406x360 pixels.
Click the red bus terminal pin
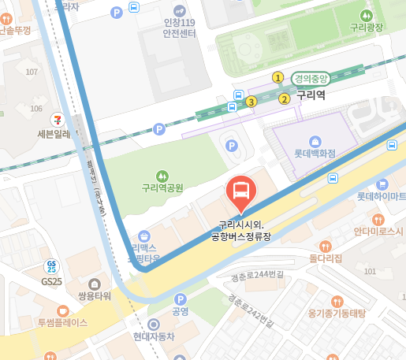[x=240, y=192]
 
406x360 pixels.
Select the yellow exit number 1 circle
[x=277, y=77]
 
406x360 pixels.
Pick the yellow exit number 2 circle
[x=284, y=98]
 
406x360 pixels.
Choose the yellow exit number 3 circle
[x=251, y=102]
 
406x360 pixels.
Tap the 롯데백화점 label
[x=315, y=154]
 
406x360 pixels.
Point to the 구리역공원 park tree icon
[x=162, y=175]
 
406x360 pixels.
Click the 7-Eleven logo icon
[x=57, y=120]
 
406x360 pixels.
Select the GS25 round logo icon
[x=52, y=266]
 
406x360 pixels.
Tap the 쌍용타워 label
[x=94, y=295]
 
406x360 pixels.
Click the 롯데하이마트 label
[x=381, y=195]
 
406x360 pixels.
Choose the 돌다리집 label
[x=325, y=258]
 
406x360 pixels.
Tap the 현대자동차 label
[x=154, y=336]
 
